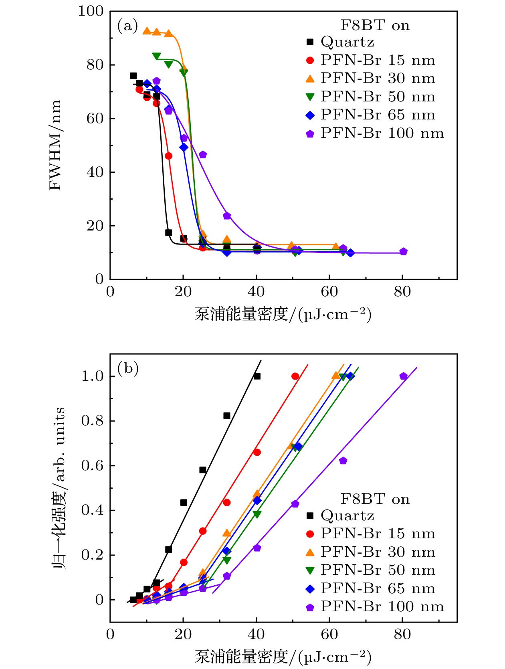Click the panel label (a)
(x=127, y=26)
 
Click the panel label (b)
(x=128, y=368)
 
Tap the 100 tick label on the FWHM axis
(x=91, y=11)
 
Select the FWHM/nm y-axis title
(x=55, y=145)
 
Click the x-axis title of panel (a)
(x=283, y=315)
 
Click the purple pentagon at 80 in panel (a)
(x=404, y=252)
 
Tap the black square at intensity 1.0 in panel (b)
(x=257, y=376)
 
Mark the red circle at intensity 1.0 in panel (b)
(x=295, y=376)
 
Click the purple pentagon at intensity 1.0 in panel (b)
(x=404, y=376)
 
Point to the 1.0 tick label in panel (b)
(x=93, y=376)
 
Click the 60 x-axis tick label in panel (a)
(x=329, y=292)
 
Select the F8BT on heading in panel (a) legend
(x=375, y=26)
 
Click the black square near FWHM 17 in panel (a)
(x=169, y=233)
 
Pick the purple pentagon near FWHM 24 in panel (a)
(x=227, y=216)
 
